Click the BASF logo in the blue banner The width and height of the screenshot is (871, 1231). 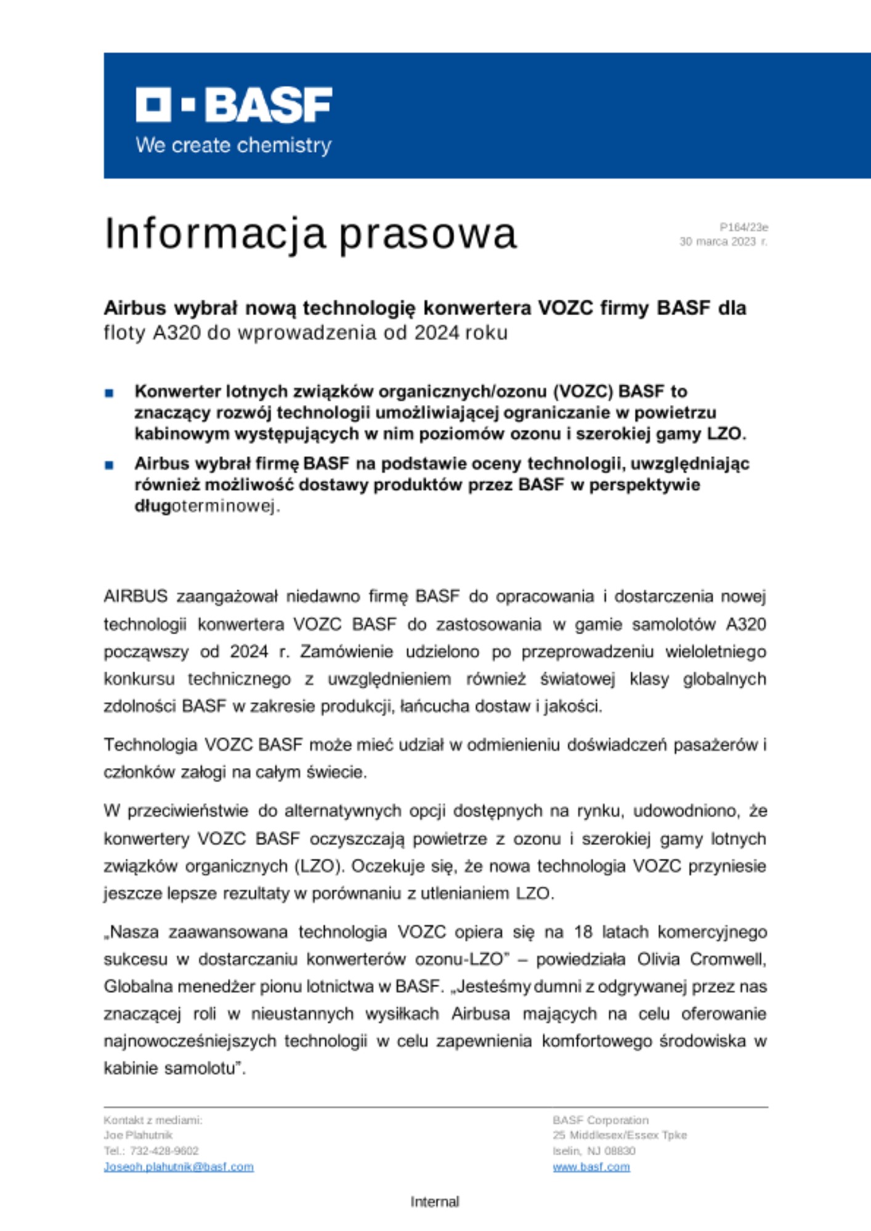(x=233, y=105)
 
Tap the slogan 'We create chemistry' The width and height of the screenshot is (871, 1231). (x=233, y=146)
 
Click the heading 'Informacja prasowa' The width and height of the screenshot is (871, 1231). (x=310, y=234)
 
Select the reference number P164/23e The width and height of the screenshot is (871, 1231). (x=743, y=228)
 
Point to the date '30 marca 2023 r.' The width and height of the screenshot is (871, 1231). (x=723, y=242)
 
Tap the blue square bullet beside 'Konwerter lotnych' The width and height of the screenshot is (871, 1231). (x=110, y=393)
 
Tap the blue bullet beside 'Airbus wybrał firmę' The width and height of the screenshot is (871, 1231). (x=110, y=465)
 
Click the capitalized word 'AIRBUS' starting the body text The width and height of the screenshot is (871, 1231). (x=136, y=596)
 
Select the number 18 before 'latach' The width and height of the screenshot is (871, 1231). (x=583, y=932)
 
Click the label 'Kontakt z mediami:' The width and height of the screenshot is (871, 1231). (x=153, y=1120)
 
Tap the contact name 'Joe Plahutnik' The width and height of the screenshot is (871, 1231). (x=138, y=1135)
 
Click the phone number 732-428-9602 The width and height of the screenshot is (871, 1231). (x=164, y=1150)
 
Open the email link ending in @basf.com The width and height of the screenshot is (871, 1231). (x=179, y=1166)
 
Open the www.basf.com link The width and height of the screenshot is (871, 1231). (x=591, y=1166)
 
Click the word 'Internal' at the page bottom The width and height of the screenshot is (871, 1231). (x=435, y=1201)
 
